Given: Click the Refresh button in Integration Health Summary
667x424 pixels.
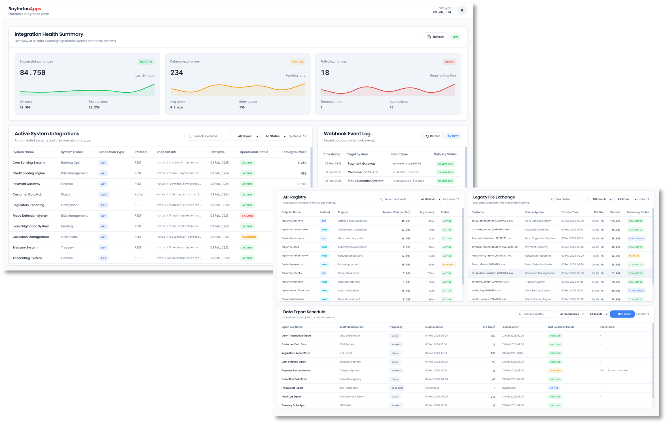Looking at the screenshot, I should click(x=435, y=37).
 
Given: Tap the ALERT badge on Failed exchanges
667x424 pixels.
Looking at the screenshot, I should click(x=449, y=61).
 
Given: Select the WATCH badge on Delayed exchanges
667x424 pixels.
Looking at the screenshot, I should click(x=297, y=61).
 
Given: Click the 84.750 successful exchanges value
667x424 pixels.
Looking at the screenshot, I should click(x=33, y=73).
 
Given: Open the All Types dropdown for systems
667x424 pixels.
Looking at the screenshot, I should click(x=247, y=136).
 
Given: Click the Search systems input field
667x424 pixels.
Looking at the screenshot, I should click(x=208, y=136).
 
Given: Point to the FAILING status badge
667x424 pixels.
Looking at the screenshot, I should click(x=247, y=216).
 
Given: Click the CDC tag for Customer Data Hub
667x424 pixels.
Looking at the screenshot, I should click(x=104, y=195).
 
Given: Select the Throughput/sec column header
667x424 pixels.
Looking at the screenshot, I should click(x=294, y=152).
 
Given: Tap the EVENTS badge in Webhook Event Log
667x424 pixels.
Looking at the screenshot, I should click(x=453, y=136).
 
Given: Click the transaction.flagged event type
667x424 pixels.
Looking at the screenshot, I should click(x=408, y=181).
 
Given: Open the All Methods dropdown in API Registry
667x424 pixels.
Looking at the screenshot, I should click(x=429, y=199).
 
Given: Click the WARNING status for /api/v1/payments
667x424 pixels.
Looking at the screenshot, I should click(x=448, y=265).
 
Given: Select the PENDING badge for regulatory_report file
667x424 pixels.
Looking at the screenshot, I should click(x=634, y=256).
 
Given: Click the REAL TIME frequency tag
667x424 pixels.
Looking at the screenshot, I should click(x=397, y=388).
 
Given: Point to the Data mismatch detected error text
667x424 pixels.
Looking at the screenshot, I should click(x=614, y=370).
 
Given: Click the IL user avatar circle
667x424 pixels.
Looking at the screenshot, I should click(x=462, y=10).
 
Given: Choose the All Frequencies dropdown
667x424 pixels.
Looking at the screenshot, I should click(x=571, y=314).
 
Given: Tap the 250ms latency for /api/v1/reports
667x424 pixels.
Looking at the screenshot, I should click(x=431, y=273).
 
